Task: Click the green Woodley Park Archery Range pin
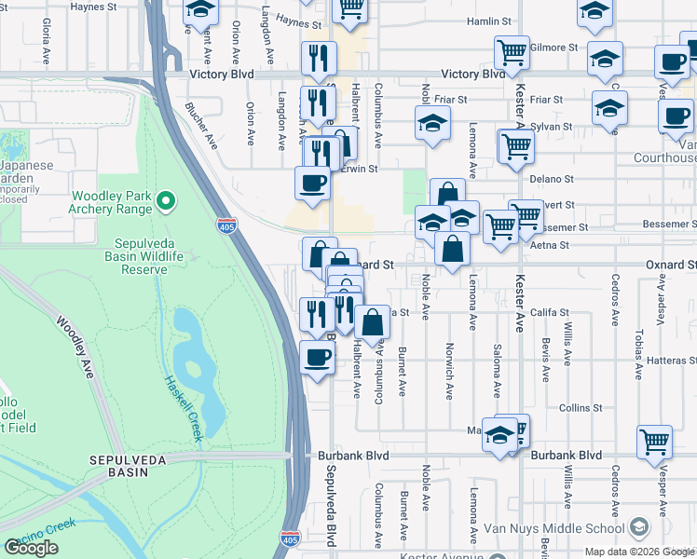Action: coord(166,200)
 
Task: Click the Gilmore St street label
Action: coord(555,47)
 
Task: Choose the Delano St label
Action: coord(555,178)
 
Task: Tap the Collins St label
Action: coord(579,408)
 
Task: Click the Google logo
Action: coord(32,548)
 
